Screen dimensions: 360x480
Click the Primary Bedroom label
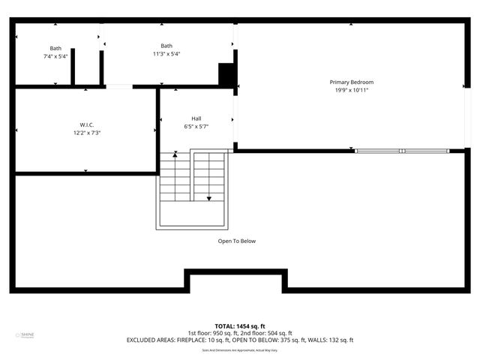tap(351, 82)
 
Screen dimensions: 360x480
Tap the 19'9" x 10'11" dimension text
tap(351, 90)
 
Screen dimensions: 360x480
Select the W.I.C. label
tap(87, 124)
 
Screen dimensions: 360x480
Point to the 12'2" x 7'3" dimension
tap(87, 133)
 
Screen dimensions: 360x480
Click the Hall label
tap(196, 118)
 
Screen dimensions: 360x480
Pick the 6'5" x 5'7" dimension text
tap(196, 127)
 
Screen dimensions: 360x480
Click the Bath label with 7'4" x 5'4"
tap(56, 48)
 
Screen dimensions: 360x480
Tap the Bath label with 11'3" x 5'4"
tap(166, 46)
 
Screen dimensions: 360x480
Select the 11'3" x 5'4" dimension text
tap(166, 54)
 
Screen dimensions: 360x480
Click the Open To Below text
tap(237, 241)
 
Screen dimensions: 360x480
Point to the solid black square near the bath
tap(226, 75)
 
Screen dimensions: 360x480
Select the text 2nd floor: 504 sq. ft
tap(267, 333)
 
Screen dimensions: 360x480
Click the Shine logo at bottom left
tap(27, 335)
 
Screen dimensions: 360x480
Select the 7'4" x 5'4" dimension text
tap(56, 56)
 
